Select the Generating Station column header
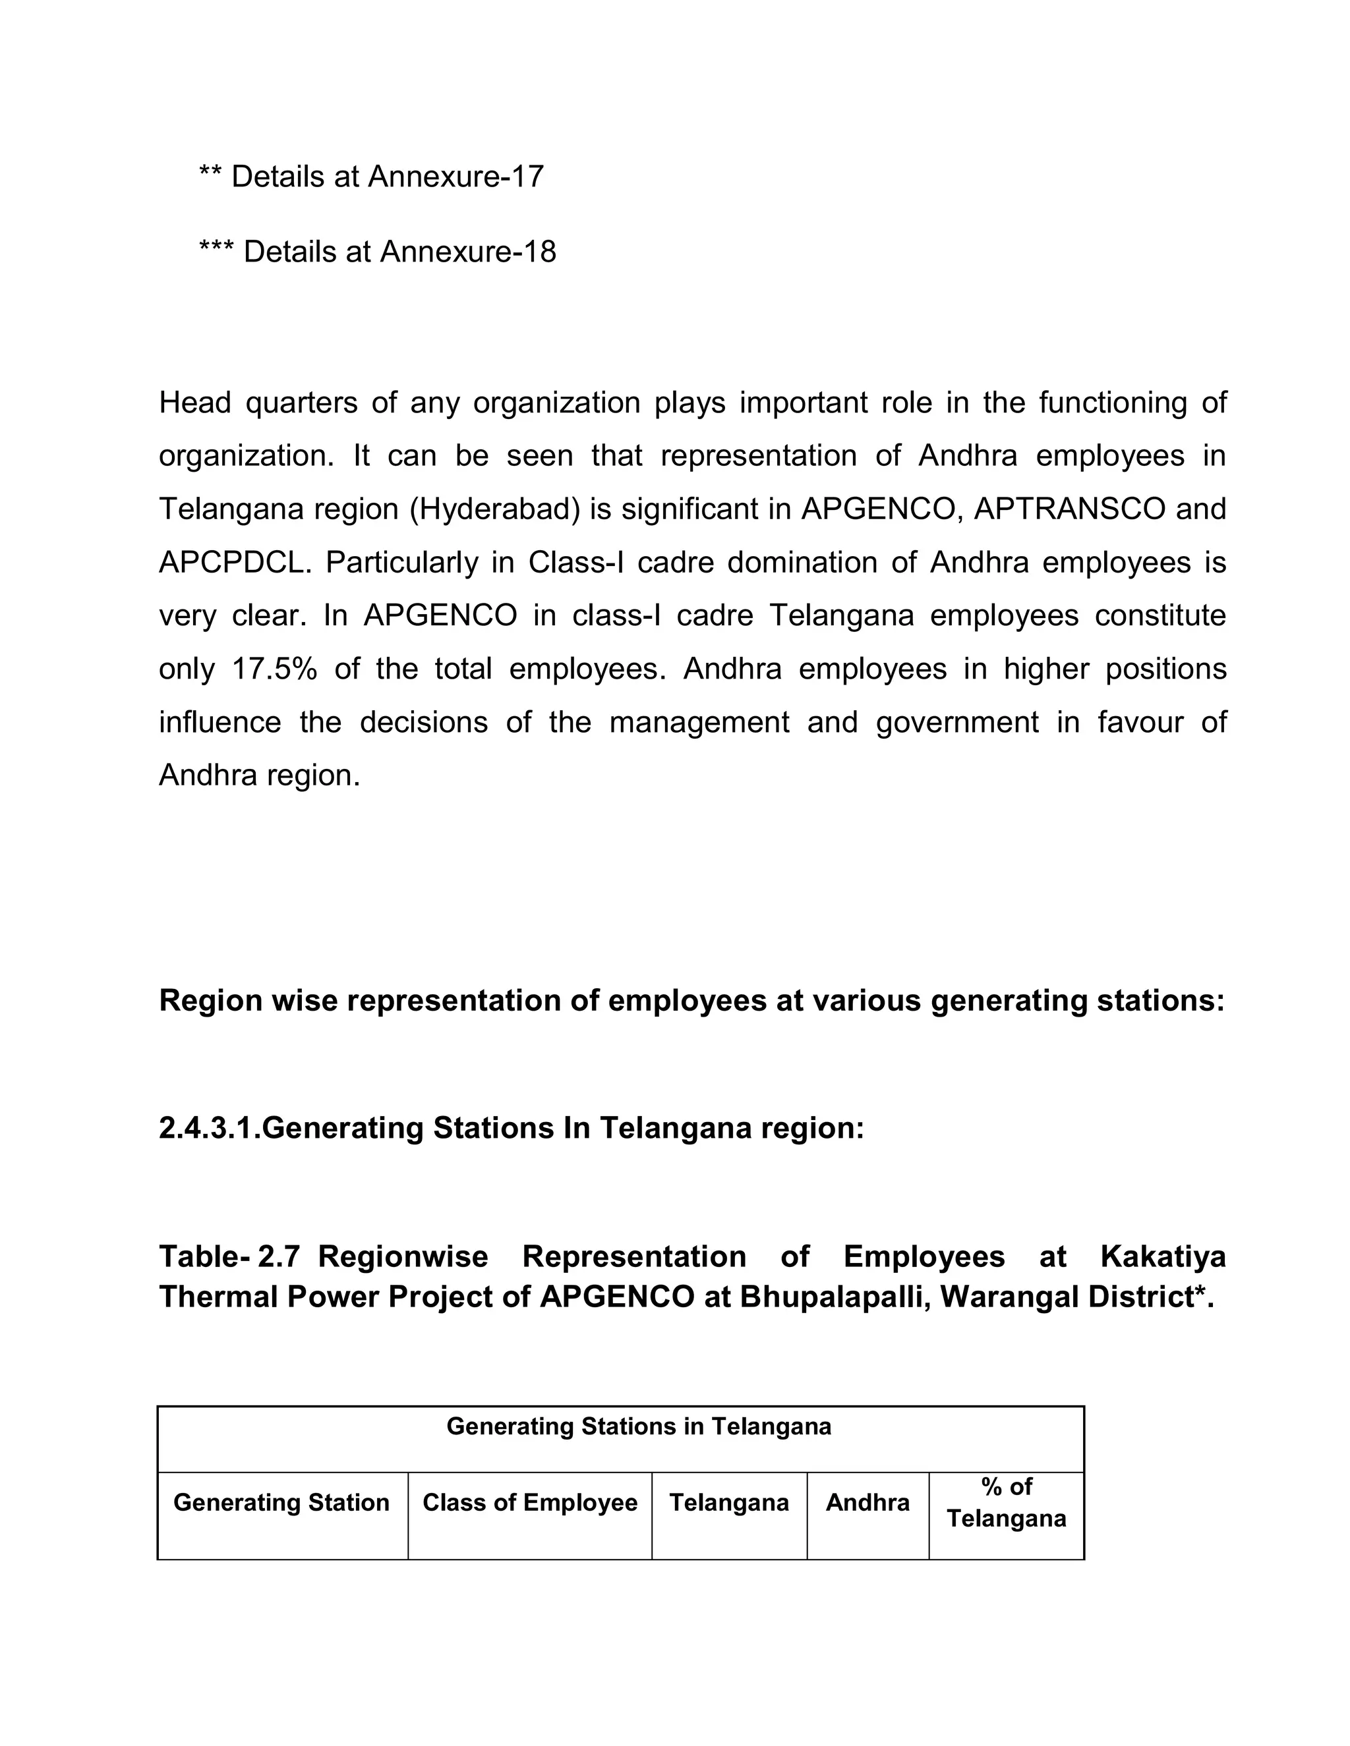coord(281,1503)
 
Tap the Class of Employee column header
coord(529,1503)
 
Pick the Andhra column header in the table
coord(867,1503)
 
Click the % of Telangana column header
coord(1006,1503)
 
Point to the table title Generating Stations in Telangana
coord(638,1426)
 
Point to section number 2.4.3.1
coord(210,1128)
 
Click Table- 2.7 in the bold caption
coord(229,1256)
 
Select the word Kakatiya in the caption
coord(1162,1256)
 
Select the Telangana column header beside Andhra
coord(728,1503)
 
